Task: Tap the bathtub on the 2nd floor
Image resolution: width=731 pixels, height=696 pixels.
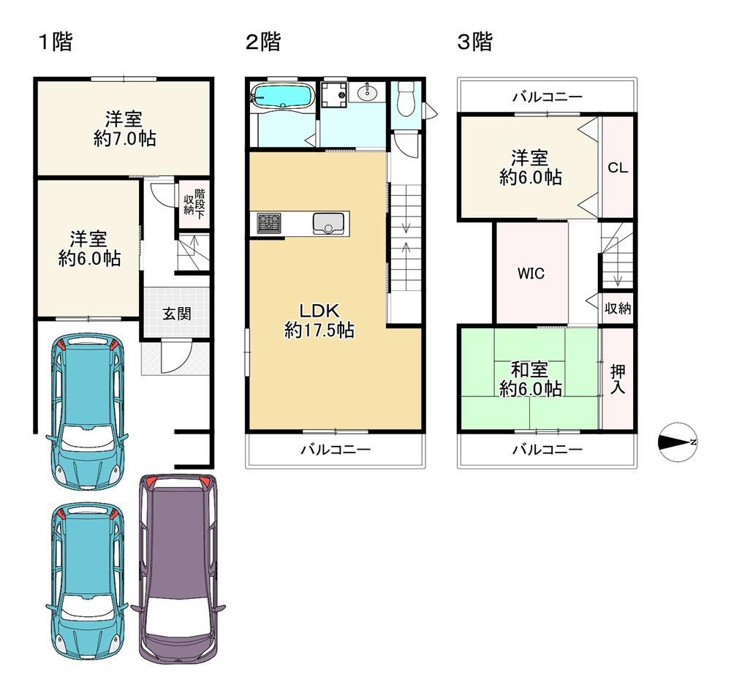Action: click(283, 95)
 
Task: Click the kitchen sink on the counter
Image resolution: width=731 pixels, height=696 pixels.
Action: click(329, 223)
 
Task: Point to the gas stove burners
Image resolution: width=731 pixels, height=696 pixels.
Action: click(270, 223)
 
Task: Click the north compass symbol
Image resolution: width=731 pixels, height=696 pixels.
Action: click(678, 442)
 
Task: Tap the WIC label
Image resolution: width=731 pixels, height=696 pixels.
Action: click(531, 273)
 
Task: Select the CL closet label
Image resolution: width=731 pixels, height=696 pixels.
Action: click(618, 167)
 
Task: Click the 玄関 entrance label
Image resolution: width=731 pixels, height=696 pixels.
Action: click(177, 313)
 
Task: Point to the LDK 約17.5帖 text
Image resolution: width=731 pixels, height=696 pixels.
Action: click(319, 320)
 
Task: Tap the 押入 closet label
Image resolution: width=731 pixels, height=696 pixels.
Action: click(618, 379)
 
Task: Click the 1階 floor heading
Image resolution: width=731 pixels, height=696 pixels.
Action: click(55, 42)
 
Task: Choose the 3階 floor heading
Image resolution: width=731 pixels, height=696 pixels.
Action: click(475, 42)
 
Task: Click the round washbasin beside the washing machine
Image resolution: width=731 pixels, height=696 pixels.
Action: click(368, 93)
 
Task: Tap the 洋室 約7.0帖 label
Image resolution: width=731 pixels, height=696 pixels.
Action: click(124, 129)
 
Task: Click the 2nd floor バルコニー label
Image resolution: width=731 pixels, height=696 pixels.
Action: click(336, 450)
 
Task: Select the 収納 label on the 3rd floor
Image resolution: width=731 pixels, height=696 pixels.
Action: click(618, 308)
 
